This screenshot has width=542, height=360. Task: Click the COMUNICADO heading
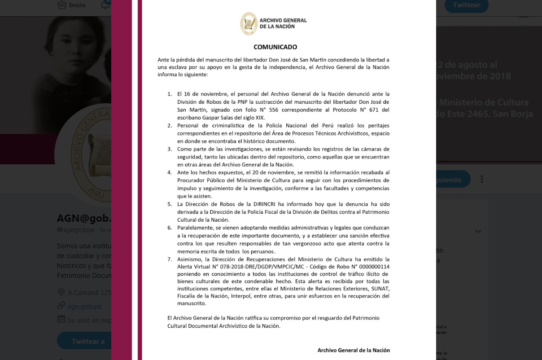coord(275,47)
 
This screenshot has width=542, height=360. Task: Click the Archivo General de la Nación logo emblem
coord(249,23)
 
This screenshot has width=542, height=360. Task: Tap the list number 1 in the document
coord(170,94)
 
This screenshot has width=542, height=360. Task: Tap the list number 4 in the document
coord(170,172)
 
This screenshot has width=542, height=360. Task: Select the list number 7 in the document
coord(170,259)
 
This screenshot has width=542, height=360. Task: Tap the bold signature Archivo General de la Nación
coord(354,350)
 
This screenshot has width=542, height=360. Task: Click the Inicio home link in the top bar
coord(77,5)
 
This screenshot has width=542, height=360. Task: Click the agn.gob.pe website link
coord(84,307)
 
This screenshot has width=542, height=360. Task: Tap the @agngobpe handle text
coord(76,230)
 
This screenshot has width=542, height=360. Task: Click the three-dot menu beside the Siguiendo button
coord(482,179)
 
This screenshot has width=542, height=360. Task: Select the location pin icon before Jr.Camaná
coord(61,292)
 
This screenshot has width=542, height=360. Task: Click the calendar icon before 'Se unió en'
coord(61,320)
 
